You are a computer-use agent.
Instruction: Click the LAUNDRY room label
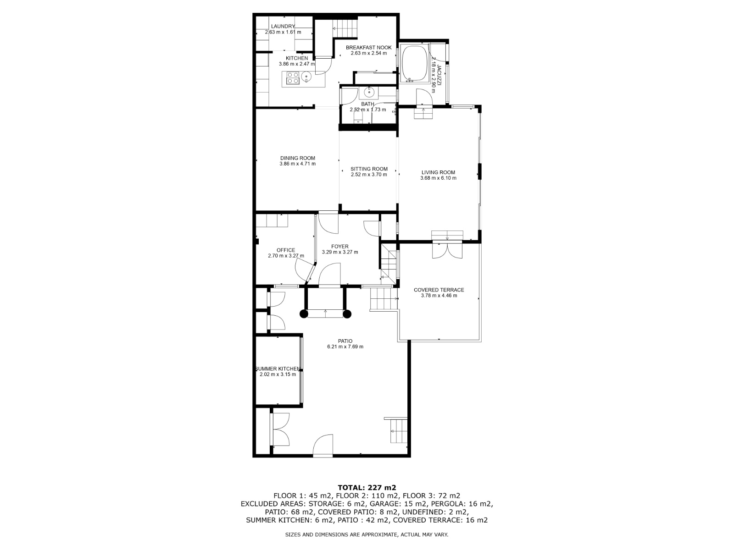[x=283, y=26]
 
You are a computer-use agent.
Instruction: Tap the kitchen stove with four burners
[x=293, y=78]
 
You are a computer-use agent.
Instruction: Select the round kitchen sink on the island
[x=308, y=77]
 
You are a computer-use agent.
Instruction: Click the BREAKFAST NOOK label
[x=368, y=48]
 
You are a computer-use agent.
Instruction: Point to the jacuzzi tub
[x=414, y=62]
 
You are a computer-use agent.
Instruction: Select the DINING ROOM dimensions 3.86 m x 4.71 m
[x=297, y=164]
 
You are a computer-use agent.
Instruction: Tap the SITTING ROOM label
[x=369, y=169]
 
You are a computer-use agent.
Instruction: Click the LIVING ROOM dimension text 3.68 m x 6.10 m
[x=438, y=178]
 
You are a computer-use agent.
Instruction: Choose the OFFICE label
[x=286, y=250]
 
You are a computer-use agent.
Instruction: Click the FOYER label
[x=339, y=247]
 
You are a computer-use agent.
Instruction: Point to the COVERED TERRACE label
[x=439, y=290]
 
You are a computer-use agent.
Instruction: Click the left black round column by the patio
[x=304, y=314]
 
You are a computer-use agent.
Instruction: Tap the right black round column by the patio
[x=347, y=314]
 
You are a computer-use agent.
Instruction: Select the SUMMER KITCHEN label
[x=278, y=369]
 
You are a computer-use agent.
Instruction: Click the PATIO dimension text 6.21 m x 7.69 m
[x=345, y=347]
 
